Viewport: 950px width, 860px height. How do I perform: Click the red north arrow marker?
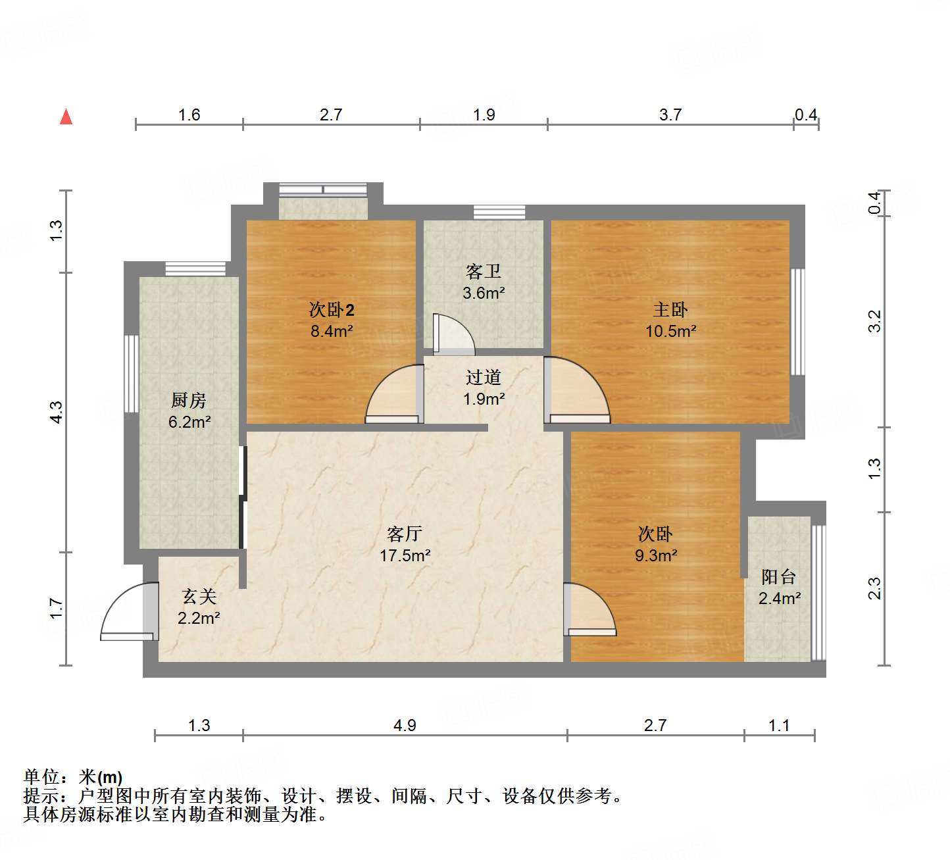coord(66,116)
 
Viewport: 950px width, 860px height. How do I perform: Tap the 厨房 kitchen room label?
coord(189,400)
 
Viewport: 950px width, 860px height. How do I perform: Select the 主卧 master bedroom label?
coord(670,309)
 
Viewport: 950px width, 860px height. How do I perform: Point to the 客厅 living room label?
coord(404,534)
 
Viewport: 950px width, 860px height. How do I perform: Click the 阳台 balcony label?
coord(779,577)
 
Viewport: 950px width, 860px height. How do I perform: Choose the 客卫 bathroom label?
coord(484,271)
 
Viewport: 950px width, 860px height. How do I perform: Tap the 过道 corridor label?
coord(484,377)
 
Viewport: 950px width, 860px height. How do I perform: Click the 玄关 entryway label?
coord(199,596)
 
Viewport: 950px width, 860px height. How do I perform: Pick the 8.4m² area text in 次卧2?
coord(332,331)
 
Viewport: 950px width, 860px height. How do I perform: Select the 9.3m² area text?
coord(655,555)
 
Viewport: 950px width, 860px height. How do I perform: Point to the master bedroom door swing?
coord(576,392)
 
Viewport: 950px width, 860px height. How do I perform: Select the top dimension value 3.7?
coord(670,115)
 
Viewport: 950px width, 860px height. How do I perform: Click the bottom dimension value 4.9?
coord(405,725)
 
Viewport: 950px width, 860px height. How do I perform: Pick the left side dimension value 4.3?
coord(57,412)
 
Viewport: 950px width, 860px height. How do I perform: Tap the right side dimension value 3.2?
coord(874,320)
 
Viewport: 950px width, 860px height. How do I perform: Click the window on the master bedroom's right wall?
coord(797,322)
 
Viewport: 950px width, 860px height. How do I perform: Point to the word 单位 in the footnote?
coord(41,777)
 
